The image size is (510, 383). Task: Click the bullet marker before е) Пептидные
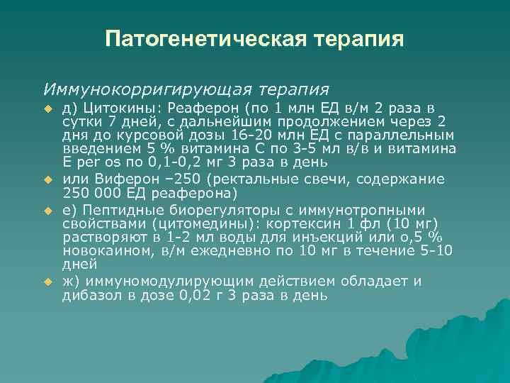coord(49,211)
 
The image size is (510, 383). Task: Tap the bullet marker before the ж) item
coord(49,281)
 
